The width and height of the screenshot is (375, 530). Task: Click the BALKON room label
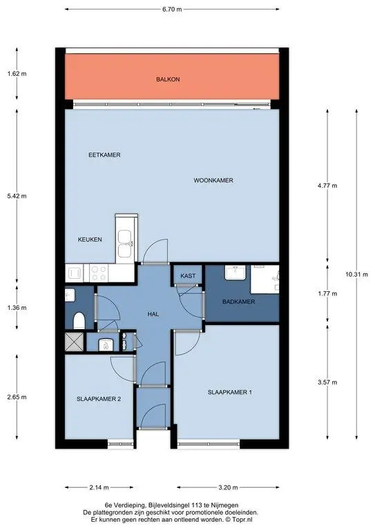[168, 79]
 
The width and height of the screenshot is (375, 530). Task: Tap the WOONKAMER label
[213, 181]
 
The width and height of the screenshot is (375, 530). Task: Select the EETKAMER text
[104, 155]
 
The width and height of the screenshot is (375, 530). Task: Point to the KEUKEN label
[90, 239]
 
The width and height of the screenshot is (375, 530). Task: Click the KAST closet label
[188, 276]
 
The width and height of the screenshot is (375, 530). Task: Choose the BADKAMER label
[239, 302]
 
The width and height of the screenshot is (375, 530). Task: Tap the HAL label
[153, 314]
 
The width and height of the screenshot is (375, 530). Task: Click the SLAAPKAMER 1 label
[229, 392]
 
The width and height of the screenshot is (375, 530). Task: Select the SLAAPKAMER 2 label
[99, 399]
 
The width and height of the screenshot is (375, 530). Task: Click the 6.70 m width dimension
[172, 10]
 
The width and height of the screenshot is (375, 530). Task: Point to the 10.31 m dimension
[357, 275]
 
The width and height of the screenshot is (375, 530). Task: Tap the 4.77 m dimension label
[327, 186]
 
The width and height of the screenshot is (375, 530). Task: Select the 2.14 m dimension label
[99, 487]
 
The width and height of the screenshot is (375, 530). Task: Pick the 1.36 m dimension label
[17, 308]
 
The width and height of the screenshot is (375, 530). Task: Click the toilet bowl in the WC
[79, 321]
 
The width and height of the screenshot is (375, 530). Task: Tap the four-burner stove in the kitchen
[99, 273]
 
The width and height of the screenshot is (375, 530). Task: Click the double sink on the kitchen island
[125, 243]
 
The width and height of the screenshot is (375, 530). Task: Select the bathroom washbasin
[235, 273]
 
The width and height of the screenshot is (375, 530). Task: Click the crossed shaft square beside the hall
[74, 342]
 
